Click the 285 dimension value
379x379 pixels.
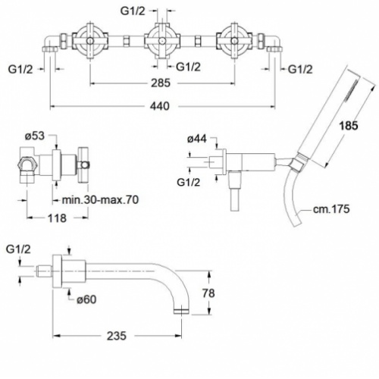click(161, 83)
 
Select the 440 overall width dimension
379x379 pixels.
click(160, 106)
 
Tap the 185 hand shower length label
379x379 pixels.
click(349, 126)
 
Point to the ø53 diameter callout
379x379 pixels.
click(35, 136)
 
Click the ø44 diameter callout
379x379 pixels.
click(197, 139)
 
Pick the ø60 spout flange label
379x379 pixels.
click(86, 299)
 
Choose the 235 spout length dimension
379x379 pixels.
click(116, 336)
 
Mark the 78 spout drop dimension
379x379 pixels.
click(208, 293)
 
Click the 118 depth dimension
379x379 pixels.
click(57, 218)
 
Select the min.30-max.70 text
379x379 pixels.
click(100, 200)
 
